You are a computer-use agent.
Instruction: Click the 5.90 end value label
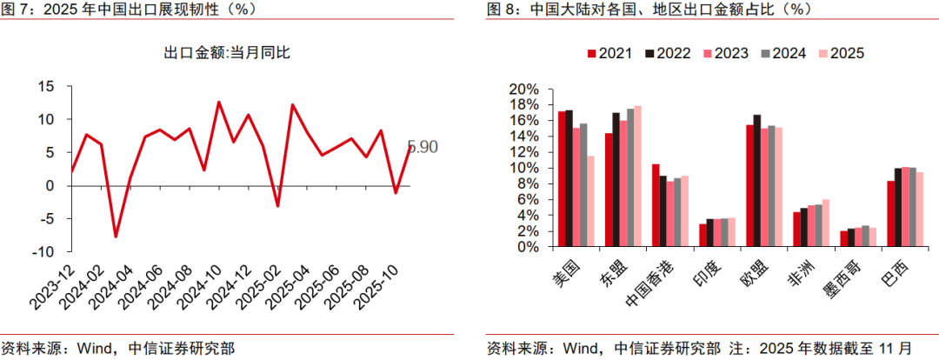422,147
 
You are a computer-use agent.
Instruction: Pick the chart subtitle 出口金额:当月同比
227,53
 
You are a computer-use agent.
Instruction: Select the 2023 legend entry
724,54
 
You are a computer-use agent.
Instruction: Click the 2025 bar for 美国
591,201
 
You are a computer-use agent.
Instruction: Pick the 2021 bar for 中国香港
656,205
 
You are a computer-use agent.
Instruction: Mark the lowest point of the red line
116,237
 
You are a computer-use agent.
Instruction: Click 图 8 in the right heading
502,10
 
